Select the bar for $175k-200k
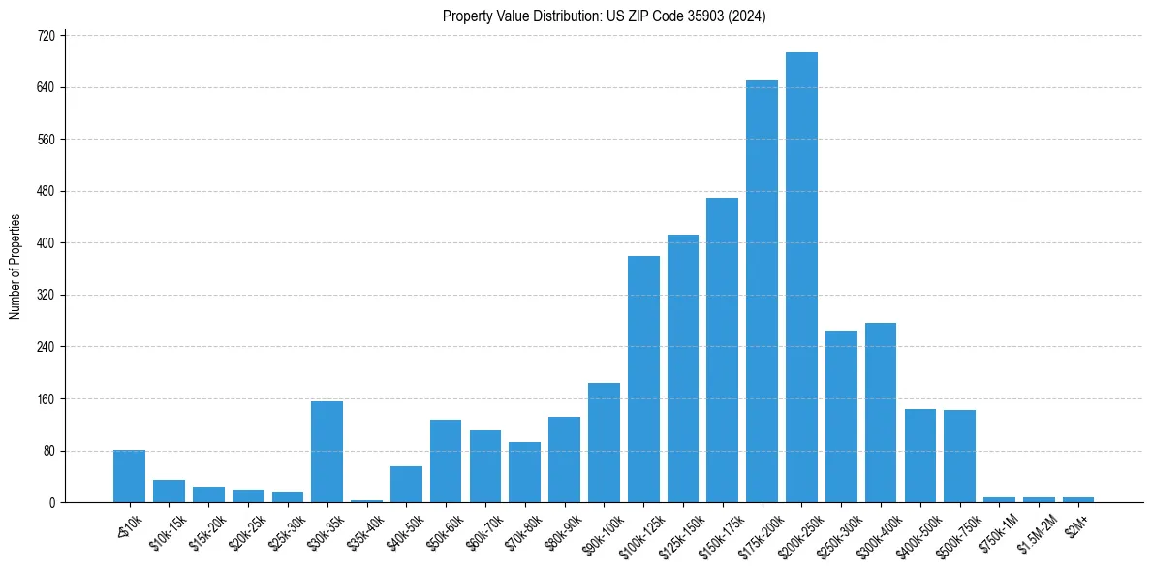point(762,291)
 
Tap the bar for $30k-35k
point(327,452)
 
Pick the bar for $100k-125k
point(643,379)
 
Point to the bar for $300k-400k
point(881,412)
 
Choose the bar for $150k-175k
point(722,350)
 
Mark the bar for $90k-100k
point(604,442)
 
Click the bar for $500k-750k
point(959,456)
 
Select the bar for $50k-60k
point(446,461)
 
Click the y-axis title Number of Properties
point(16,267)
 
